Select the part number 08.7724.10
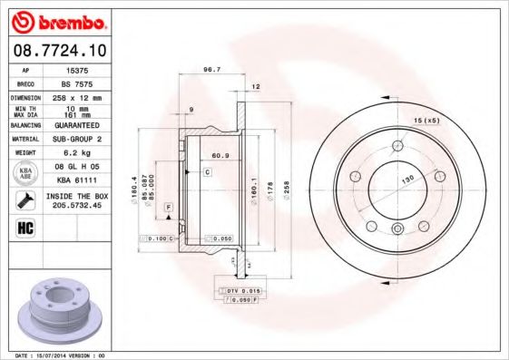pyautogui.click(x=56, y=50)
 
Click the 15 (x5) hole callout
pyautogui.click(x=426, y=121)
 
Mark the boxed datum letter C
pyautogui.click(x=207, y=171)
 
